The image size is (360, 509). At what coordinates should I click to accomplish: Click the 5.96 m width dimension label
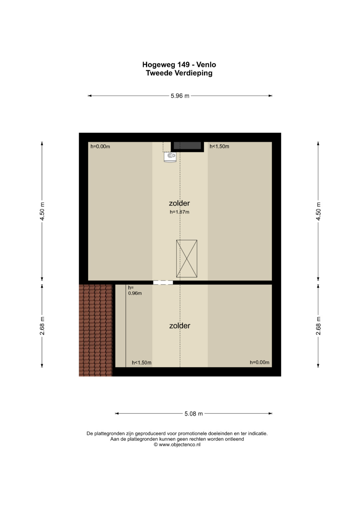[180, 96]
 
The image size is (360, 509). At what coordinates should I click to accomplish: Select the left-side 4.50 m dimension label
[42, 211]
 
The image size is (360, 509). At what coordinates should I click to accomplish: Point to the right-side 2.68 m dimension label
[318, 326]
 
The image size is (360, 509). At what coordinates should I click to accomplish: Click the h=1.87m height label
[180, 212]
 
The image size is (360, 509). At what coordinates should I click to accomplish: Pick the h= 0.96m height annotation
[135, 290]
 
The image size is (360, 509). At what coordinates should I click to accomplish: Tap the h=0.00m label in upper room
[100, 147]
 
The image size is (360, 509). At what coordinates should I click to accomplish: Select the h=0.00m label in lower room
[260, 362]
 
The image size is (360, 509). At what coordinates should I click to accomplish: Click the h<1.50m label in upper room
[219, 147]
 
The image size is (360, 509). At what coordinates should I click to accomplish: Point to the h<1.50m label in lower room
[142, 363]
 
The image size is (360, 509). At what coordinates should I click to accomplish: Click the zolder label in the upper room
[179, 203]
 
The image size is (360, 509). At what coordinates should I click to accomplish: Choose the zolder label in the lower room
[180, 326]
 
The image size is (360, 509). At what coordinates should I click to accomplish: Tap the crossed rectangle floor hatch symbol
[187, 259]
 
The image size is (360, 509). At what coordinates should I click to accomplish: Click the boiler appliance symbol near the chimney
[170, 157]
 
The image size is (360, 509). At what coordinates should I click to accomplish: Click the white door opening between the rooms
[163, 282]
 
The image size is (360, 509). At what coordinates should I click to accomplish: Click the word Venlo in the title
[206, 65]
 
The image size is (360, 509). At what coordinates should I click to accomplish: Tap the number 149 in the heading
[183, 65]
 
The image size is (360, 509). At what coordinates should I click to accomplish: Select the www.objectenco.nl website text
[180, 445]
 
